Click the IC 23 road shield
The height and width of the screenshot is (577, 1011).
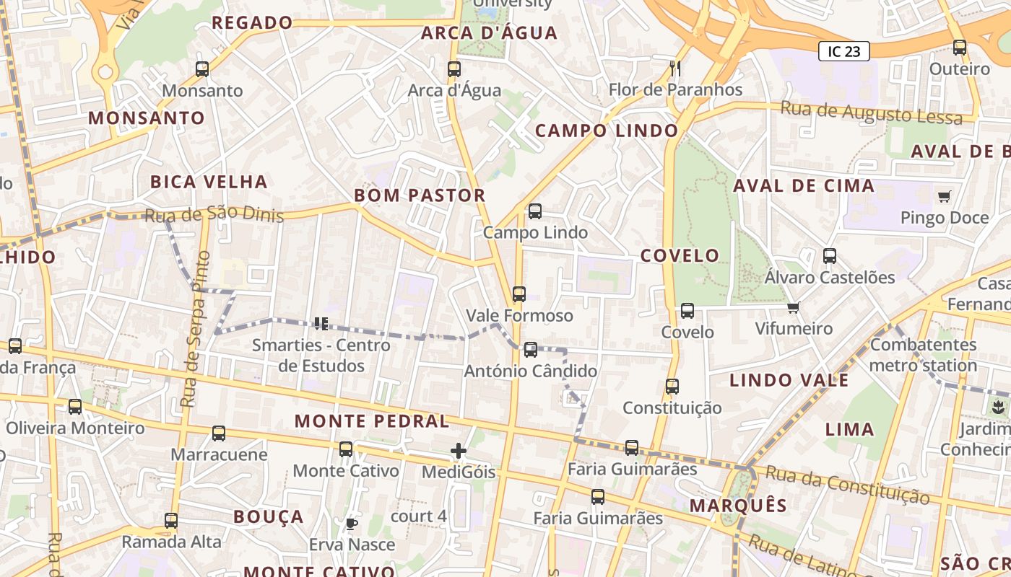click(843, 51)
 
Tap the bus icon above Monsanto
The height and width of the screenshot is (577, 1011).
click(202, 69)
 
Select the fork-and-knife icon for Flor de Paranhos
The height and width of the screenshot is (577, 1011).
click(675, 69)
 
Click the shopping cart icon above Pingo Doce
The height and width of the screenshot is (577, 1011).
click(944, 196)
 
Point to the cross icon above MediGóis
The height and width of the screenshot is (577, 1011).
click(459, 452)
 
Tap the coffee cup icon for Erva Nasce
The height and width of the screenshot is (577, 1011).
click(352, 524)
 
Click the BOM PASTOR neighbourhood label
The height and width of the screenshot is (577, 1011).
click(420, 195)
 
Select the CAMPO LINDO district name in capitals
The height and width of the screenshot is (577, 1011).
click(607, 131)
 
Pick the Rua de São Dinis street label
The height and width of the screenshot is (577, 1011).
click(214, 215)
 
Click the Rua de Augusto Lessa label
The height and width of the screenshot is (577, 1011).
click(871, 113)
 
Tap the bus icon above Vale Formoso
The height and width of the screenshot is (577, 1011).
click(519, 294)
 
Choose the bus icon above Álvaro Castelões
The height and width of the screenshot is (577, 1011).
click(830, 256)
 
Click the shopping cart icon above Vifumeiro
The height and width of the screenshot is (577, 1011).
click(794, 308)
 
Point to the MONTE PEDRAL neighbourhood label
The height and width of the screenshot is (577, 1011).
click(372, 420)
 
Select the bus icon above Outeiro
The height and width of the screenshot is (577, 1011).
click(960, 48)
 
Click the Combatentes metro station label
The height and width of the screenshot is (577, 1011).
click(923, 355)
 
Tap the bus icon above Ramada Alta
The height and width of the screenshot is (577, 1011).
click(171, 520)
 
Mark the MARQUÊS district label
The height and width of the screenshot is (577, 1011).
click(738, 505)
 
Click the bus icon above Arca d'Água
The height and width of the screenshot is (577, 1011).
click(454, 69)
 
